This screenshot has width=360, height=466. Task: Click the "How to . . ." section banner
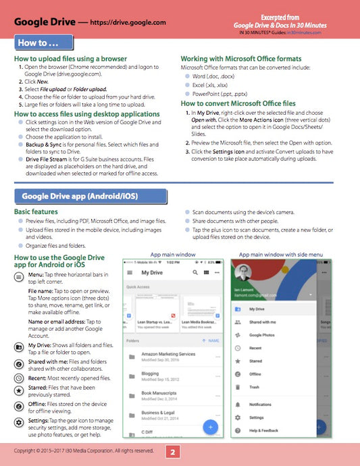coord(43,43)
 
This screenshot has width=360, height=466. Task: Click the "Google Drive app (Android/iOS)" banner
coord(90,197)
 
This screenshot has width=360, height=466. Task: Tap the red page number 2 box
coord(173,452)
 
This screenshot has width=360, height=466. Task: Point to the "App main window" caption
coord(173,255)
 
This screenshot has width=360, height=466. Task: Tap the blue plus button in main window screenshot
coord(210,427)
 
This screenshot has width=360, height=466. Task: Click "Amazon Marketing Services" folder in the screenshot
coord(168,354)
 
